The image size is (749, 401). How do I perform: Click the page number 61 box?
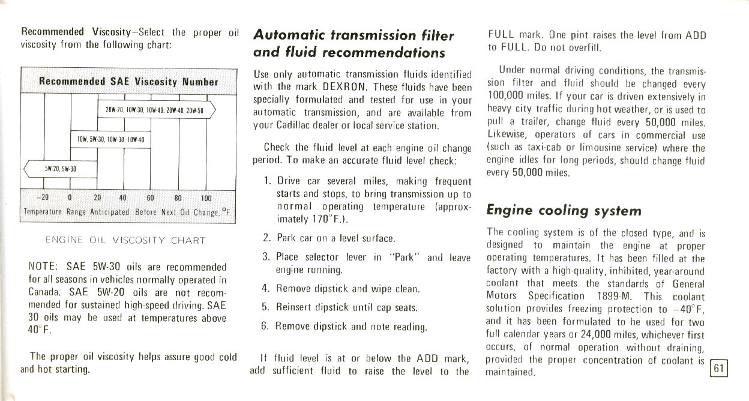coord(719,367)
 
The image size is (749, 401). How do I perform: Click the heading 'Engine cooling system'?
coord(564,211)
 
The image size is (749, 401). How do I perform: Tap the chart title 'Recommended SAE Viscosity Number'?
coord(128,82)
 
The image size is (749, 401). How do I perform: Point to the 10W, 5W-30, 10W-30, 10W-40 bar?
coord(110,140)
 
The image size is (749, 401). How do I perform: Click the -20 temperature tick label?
coord(42,198)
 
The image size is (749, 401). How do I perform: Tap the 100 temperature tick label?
coord(206,198)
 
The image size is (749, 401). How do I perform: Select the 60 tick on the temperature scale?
coord(150,198)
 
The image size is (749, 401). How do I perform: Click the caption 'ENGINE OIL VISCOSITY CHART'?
coord(125,240)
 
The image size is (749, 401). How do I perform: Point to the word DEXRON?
coord(336,87)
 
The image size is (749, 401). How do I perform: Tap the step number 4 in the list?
coord(265,288)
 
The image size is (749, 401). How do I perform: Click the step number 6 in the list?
coord(265,327)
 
